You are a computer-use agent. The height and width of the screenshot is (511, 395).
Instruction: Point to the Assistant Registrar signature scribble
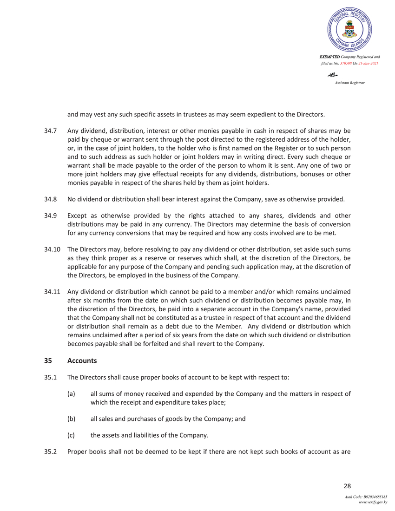click(x=333, y=74)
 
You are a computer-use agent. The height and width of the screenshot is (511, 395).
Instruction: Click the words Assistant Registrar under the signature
click(x=349, y=82)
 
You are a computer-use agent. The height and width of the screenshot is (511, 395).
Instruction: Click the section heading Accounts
click(x=82, y=360)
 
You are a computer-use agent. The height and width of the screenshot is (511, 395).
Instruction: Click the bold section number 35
click(x=47, y=360)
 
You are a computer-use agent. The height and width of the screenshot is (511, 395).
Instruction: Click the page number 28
click(x=347, y=486)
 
